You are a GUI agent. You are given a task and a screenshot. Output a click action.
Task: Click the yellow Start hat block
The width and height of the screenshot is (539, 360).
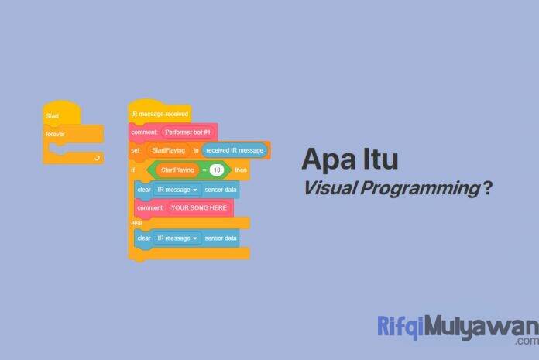(x=61, y=116)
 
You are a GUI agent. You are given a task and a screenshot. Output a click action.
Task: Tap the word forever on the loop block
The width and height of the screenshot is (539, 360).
(x=57, y=134)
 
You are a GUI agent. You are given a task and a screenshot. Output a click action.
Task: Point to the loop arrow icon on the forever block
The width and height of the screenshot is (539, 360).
(x=97, y=156)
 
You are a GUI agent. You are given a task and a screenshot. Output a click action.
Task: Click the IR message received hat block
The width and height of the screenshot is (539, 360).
(x=159, y=114)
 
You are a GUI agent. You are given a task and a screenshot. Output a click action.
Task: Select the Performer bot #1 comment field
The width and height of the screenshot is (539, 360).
(x=190, y=132)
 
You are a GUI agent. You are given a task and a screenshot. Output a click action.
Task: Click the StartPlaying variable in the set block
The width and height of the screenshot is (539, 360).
(x=168, y=150)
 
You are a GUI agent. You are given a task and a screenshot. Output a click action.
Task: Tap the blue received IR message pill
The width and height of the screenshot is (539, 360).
(x=235, y=150)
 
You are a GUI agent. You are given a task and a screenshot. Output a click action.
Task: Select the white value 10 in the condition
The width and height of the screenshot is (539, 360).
(x=217, y=170)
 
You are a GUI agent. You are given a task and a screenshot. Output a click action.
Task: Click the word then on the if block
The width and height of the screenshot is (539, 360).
(x=241, y=170)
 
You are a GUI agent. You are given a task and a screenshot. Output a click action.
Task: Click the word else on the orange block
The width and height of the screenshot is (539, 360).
(x=137, y=223)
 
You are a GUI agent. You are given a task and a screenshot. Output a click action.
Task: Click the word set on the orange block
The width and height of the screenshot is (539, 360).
(x=135, y=150)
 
